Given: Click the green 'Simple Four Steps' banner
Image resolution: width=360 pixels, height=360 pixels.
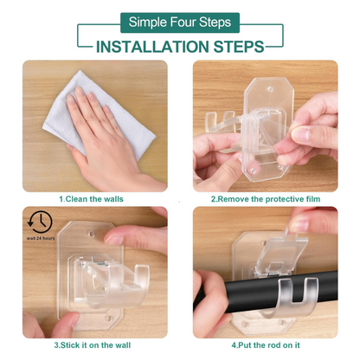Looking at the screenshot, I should tap(179, 22).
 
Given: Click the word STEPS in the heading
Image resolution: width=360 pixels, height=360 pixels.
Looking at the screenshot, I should tap(243, 46).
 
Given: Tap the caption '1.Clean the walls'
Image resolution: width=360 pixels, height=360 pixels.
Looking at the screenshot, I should tap(90, 199).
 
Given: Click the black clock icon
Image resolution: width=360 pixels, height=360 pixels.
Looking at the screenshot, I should tap(39, 220).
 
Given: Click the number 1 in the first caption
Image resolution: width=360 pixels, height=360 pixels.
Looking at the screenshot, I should tap(61, 199).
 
